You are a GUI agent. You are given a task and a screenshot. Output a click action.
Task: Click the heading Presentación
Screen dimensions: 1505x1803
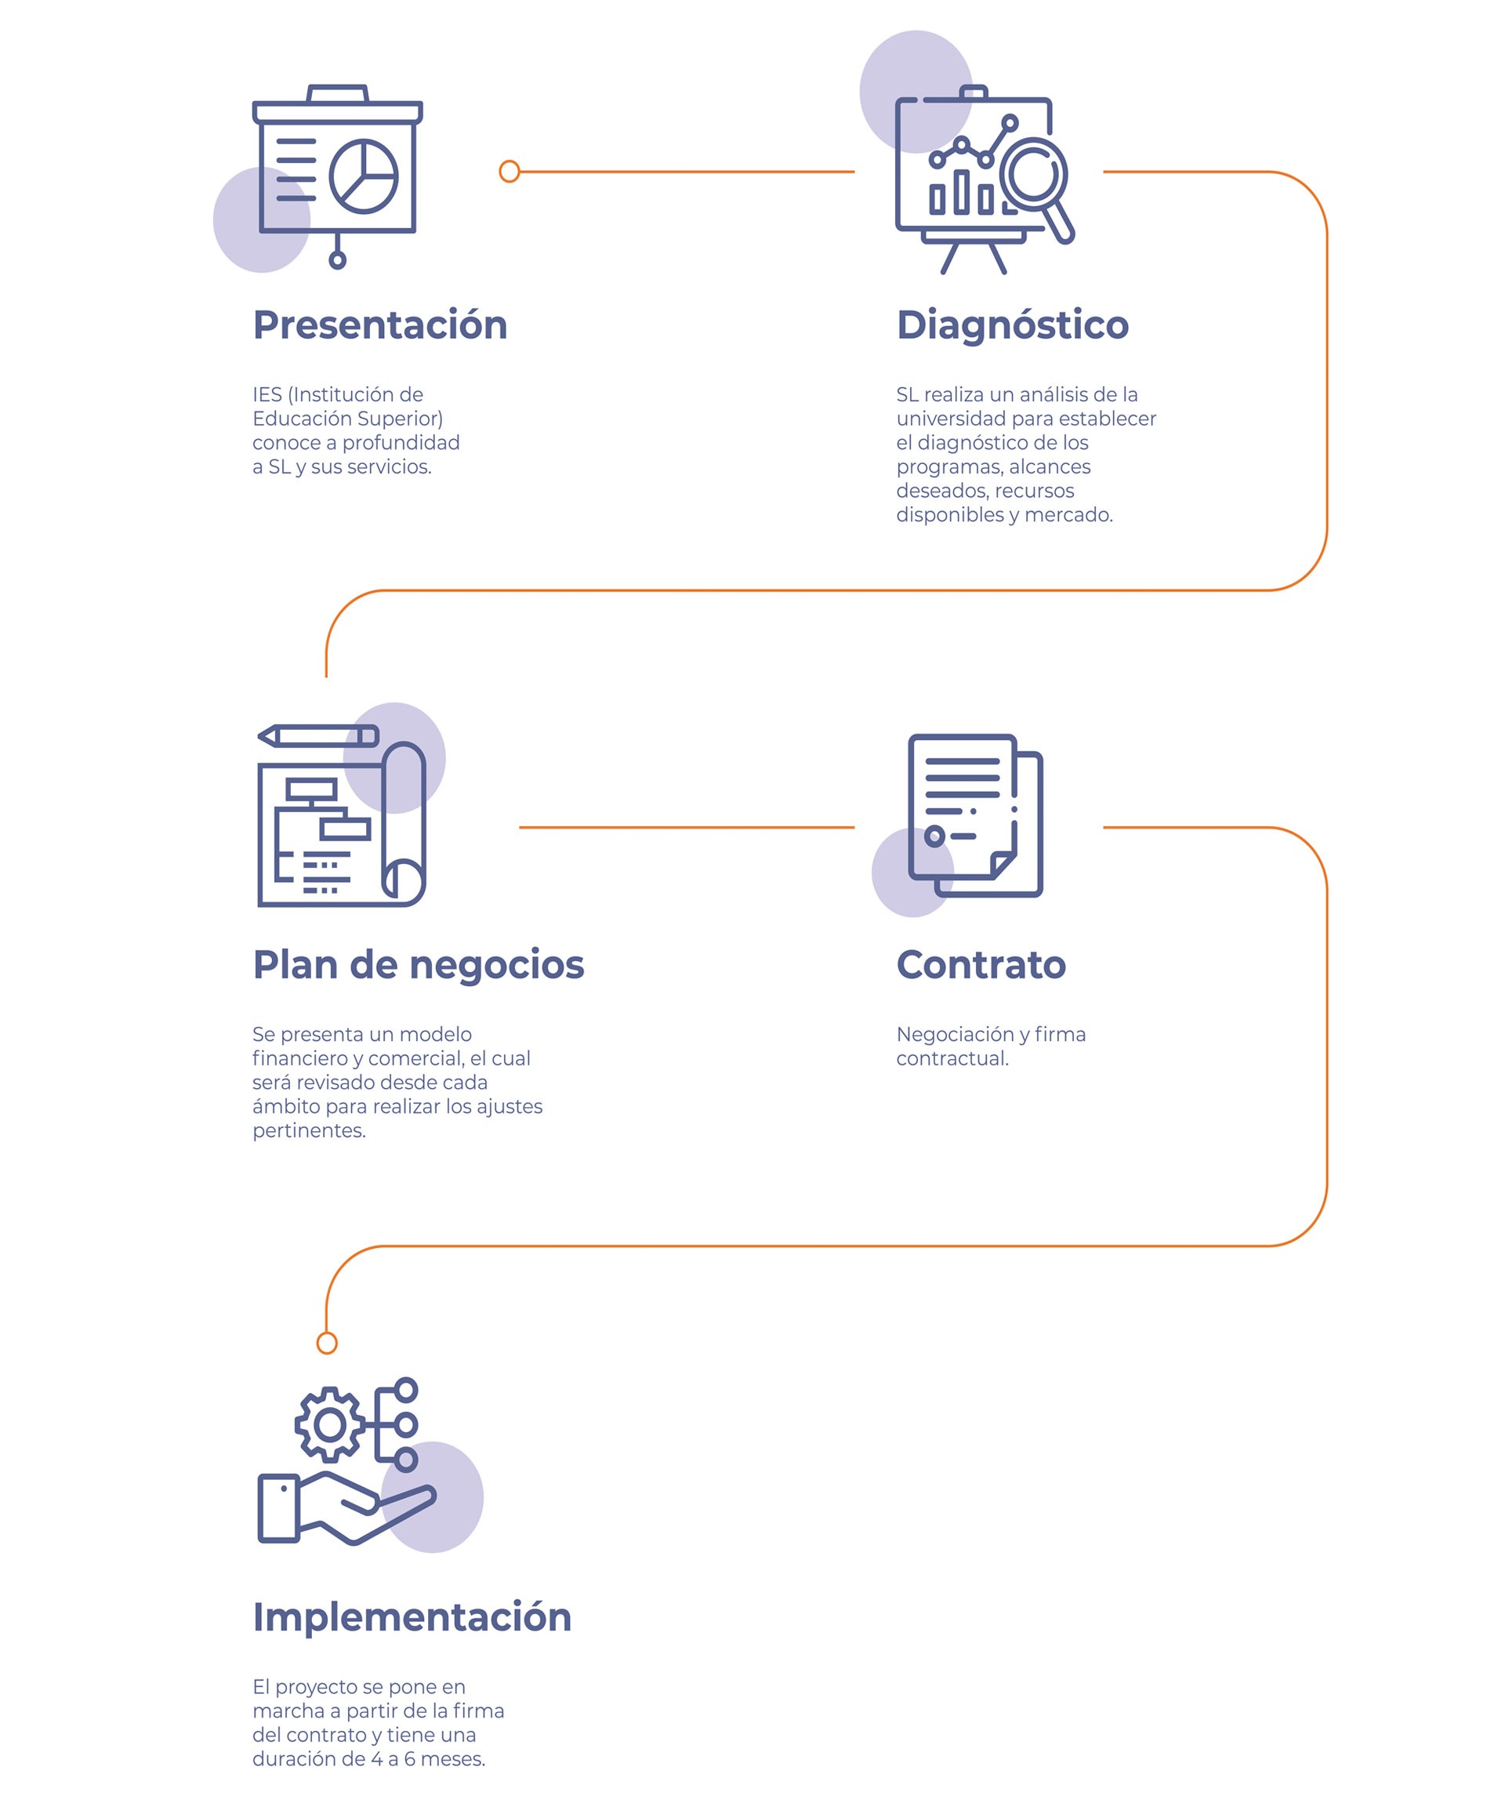[x=379, y=325]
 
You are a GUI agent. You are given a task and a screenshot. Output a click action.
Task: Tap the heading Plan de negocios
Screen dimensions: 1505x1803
[x=418, y=965]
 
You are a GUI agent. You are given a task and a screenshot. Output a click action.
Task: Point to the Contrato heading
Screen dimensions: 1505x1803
[x=981, y=965]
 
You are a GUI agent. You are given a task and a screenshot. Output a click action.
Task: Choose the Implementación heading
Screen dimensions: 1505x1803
[x=412, y=1617]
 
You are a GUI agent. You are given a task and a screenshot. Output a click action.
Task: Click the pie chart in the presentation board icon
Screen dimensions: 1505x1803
[x=363, y=176]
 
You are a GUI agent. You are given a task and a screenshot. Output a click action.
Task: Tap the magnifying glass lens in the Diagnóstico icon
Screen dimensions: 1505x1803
[x=1034, y=172]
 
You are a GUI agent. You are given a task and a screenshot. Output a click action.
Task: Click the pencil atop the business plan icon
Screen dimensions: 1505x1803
[x=317, y=736]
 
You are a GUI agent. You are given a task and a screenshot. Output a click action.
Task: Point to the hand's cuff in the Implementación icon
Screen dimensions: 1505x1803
[x=279, y=1508]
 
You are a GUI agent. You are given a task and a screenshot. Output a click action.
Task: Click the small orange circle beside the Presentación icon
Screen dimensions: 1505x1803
[x=509, y=172]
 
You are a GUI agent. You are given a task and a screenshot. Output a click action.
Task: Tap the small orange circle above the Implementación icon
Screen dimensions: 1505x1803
[x=327, y=1343]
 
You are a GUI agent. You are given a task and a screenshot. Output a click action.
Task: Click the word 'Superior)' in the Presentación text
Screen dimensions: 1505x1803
[x=401, y=419]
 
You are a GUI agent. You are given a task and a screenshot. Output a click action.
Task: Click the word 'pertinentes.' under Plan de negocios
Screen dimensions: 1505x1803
[x=309, y=1130]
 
